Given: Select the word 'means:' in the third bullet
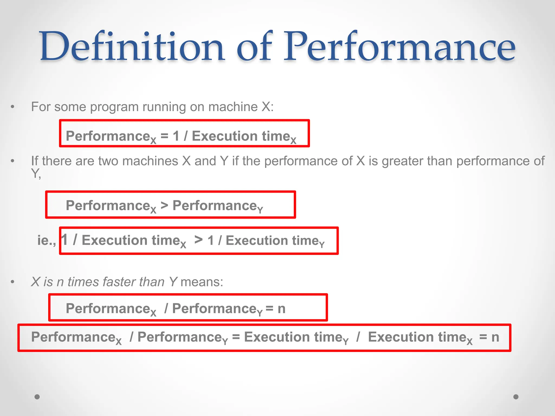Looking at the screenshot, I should tap(202, 282).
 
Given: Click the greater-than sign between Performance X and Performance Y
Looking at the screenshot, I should tap(164, 205).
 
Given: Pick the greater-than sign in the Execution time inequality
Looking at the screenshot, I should tap(198, 240).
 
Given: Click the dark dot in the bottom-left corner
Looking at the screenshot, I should tap(37, 397).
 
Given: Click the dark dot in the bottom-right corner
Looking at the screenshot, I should tap(516, 397).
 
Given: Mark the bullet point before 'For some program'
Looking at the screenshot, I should tap(12, 107).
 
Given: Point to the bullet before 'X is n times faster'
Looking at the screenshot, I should tap(12, 282).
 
